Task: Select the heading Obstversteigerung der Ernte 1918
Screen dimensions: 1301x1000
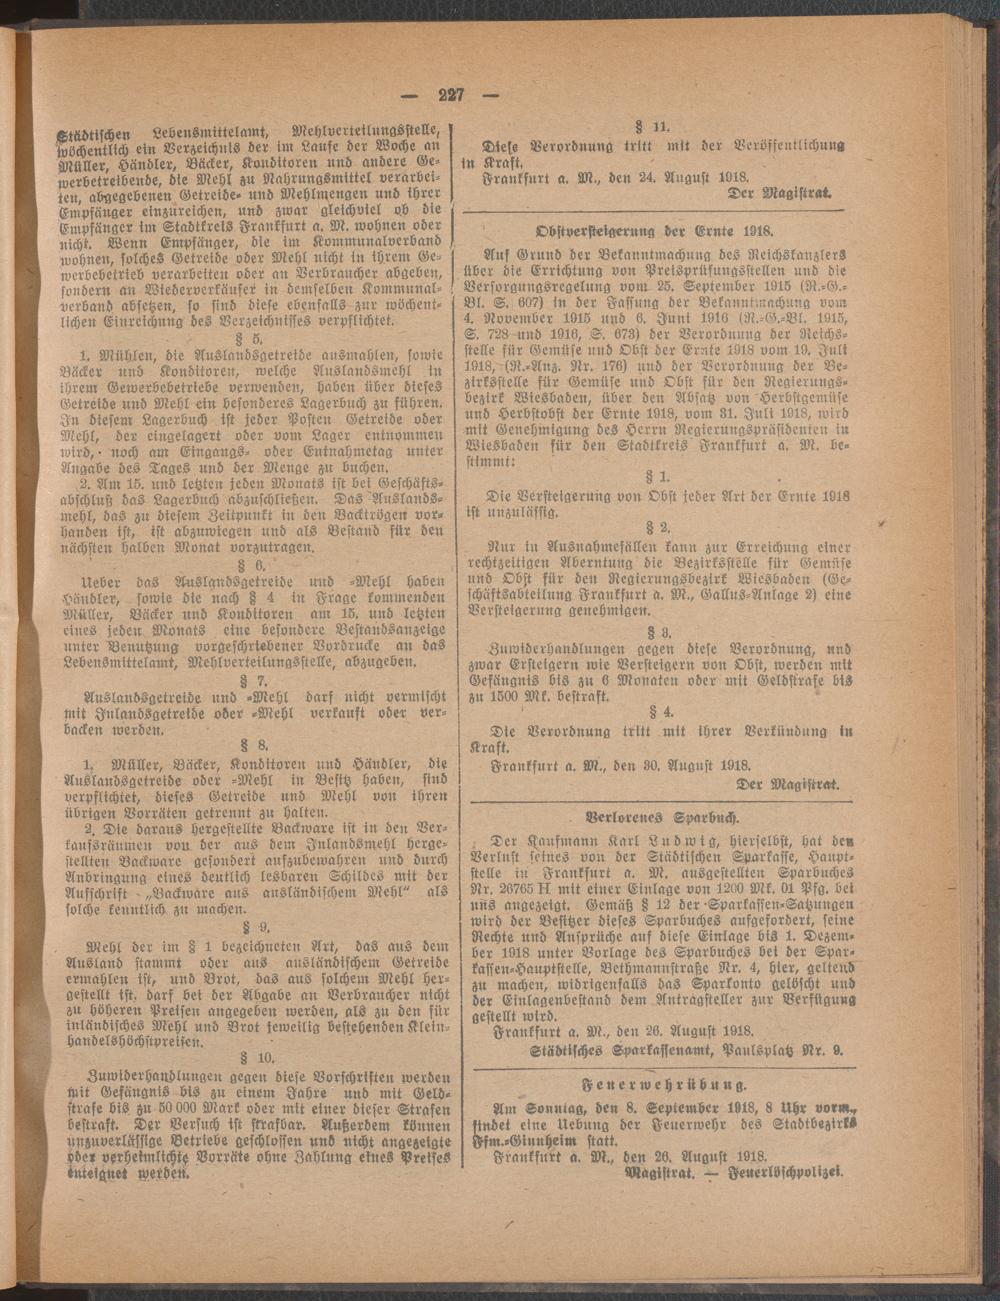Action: tap(654, 228)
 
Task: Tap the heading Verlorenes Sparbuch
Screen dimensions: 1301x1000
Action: tap(654, 812)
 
